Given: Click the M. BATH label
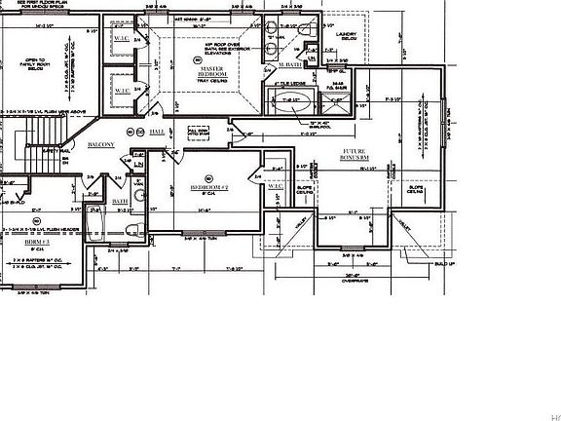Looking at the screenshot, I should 290,64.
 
